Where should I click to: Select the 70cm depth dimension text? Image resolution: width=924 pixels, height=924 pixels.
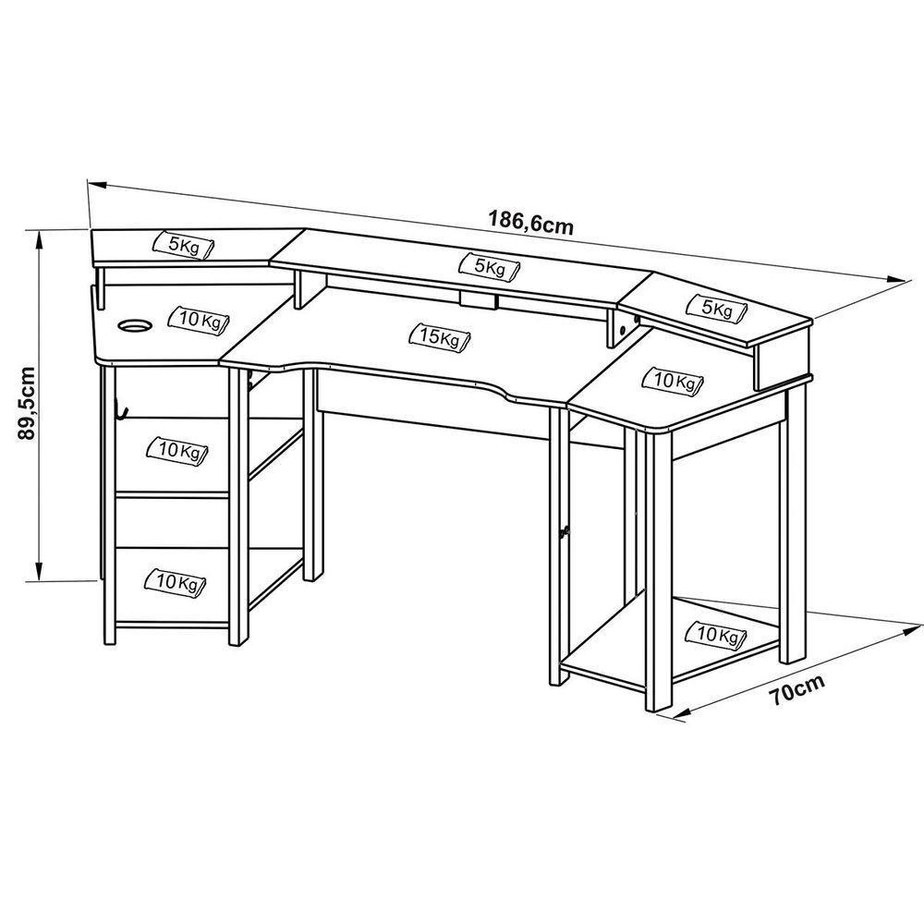[796, 690]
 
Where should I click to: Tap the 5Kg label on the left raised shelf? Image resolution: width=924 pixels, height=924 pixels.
[184, 245]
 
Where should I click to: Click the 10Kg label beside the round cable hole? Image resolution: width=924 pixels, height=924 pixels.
[197, 320]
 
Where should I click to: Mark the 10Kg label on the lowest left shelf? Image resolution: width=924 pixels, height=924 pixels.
[176, 582]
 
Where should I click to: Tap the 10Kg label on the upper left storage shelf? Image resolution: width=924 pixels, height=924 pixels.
[178, 450]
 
